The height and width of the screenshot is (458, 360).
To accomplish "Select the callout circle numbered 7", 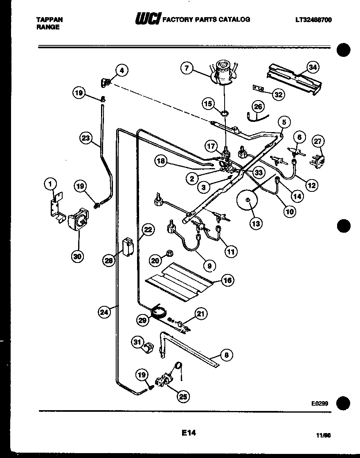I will (x=187, y=68).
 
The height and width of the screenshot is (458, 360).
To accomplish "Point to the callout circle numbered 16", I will (x=227, y=281).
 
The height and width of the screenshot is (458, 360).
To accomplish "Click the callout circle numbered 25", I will (x=184, y=395).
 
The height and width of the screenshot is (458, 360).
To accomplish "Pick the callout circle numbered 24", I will (x=105, y=312).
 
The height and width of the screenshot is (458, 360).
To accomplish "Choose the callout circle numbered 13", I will (x=257, y=223).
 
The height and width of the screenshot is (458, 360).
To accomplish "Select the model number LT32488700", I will (x=313, y=20).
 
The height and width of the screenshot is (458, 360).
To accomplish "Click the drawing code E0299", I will (x=319, y=403).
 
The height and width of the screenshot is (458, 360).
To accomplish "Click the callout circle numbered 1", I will (x=50, y=184).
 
